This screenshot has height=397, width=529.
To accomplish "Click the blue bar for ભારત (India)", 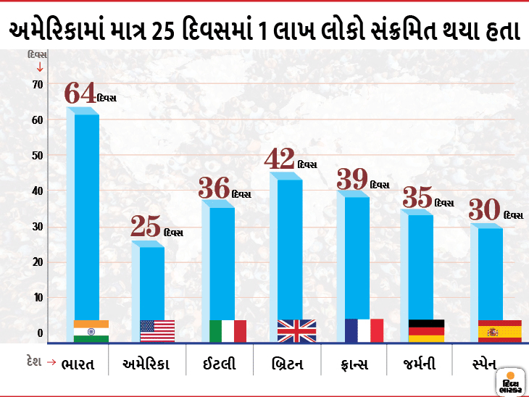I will tap(86, 217).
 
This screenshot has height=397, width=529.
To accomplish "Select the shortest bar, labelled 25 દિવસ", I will tap(152, 283).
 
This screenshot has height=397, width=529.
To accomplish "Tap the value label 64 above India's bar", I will tap(80, 93).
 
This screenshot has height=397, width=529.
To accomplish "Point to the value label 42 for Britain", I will tap(280, 159).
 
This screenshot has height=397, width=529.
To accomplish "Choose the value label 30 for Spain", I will tap(484, 210).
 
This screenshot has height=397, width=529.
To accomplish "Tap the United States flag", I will tap(157, 331).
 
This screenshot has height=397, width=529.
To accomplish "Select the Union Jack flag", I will tap(296, 330).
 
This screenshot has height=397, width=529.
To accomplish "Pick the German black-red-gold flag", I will tap(427, 330).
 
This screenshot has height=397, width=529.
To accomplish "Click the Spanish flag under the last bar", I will tap(499, 330).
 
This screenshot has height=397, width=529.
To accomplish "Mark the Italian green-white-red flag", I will tap(228, 330).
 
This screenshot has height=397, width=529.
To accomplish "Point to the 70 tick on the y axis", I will tap(37, 84).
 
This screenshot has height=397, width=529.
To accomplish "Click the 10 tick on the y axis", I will tap(37, 298).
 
